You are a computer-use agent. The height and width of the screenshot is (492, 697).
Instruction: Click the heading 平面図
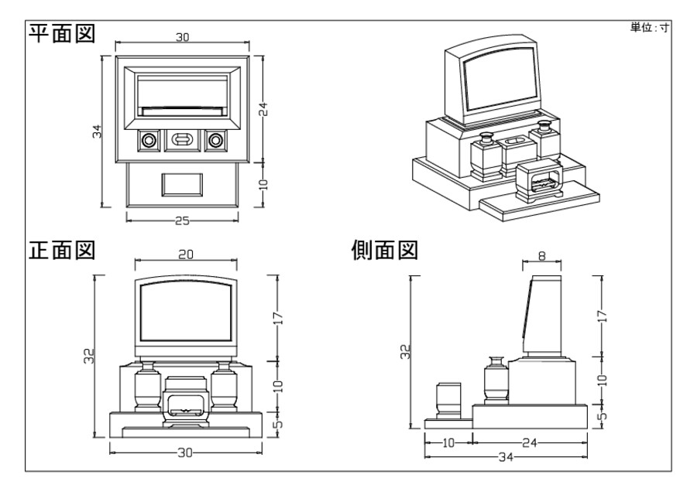coord(61,34)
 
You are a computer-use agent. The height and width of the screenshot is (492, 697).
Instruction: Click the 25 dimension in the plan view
coord(182,220)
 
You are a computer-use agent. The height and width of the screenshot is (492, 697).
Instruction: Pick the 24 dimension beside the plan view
coord(263,109)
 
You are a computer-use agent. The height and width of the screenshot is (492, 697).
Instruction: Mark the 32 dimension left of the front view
coord(90,357)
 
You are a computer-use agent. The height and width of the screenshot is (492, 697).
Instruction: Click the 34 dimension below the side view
coord(506,457)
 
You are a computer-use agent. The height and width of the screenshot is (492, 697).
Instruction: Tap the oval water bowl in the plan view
coord(183,140)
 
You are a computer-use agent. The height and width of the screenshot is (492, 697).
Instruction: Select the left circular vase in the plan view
coord(149,140)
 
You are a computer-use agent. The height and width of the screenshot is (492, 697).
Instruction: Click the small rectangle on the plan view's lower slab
coord(182,184)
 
